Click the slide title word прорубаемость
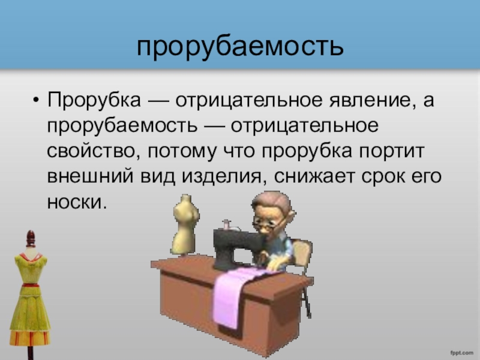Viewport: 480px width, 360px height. tap(241, 47)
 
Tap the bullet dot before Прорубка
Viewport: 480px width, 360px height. tap(36, 100)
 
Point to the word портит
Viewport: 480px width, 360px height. tap(392, 152)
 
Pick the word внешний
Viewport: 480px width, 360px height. tap(91, 176)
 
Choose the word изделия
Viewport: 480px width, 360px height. tap(222, 177)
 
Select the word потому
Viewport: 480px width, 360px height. tap(182, 152)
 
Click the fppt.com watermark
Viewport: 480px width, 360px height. tap(461, 353)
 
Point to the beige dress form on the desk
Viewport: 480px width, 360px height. tap(185, 224)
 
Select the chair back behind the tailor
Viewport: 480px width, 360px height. tap(302, 253)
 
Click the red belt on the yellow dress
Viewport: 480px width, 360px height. tap(31, 285)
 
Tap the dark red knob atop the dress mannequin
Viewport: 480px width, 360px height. tap(31, 238)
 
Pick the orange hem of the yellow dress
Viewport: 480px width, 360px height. tap(29, 337)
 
